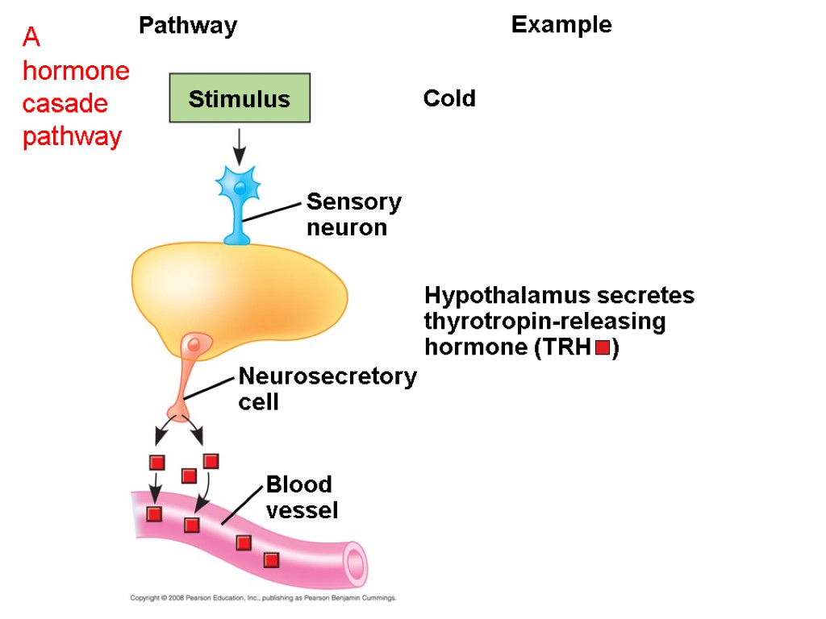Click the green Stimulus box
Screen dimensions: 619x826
pos(240,98)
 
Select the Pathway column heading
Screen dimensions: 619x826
pos(188,26)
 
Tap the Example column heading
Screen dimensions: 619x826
pos(561,25)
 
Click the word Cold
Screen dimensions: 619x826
pos(449,99)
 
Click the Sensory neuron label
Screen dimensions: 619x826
pos(353,214)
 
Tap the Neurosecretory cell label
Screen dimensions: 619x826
pos(327,388)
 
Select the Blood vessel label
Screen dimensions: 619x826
pos(302,496)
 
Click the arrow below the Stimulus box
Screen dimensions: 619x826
pos(240,145)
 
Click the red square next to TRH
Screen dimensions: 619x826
pos(602,348)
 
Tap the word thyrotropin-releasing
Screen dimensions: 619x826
pos(544,322)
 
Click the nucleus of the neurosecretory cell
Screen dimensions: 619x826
pos(194,345)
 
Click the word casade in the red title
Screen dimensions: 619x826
pos(65,104)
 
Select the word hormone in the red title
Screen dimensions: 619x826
pos(76,71)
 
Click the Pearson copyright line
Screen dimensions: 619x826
pos(263,598)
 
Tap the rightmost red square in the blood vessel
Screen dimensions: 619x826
pos(271,559)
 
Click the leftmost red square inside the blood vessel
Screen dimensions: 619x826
pos(154,514)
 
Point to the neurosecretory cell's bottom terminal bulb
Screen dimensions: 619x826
pos(178,413)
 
